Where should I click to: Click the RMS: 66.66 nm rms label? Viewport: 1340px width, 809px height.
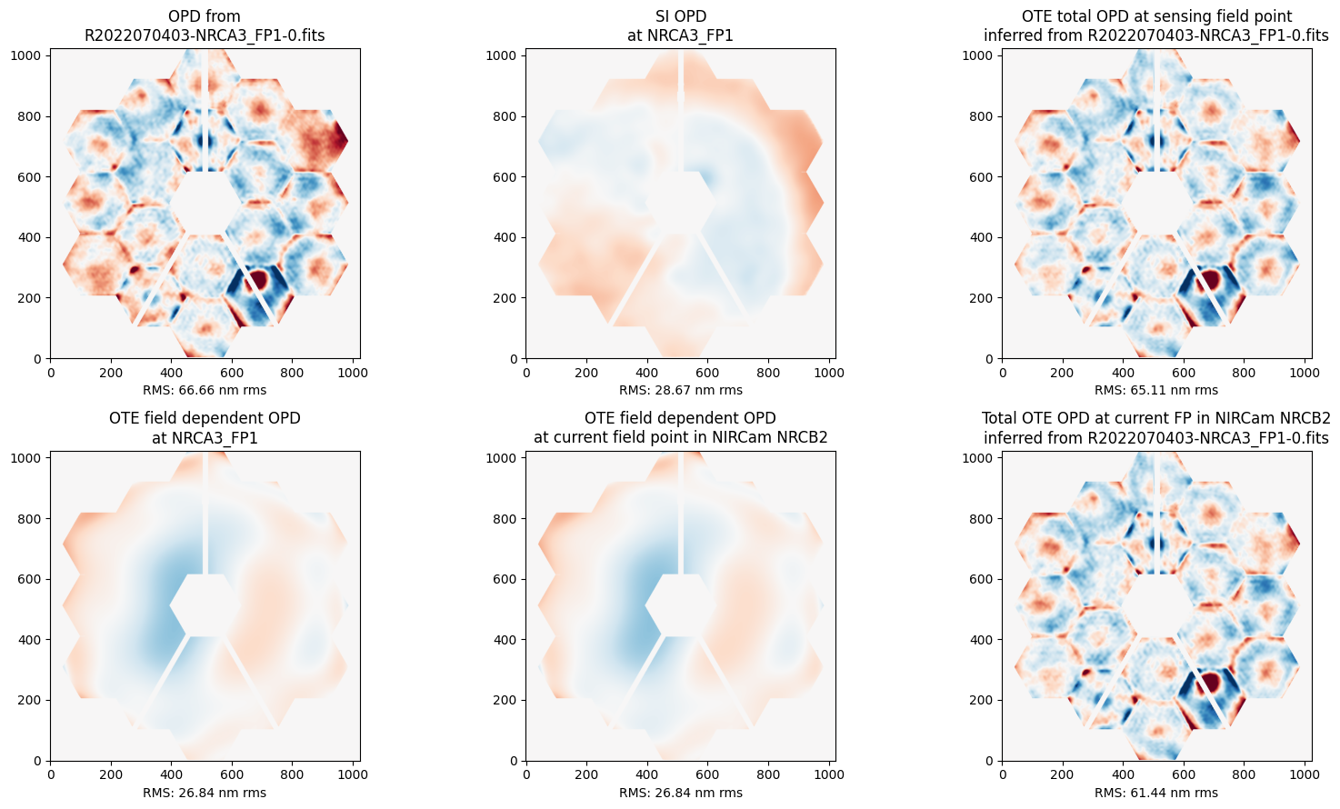205,390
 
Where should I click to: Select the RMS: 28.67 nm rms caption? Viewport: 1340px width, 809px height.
680,390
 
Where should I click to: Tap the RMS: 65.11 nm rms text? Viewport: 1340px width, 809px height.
1156,390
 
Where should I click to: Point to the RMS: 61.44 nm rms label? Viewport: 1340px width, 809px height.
1156,793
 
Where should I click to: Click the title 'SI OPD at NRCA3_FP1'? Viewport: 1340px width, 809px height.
680,25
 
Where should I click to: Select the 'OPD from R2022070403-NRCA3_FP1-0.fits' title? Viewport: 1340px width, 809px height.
205,25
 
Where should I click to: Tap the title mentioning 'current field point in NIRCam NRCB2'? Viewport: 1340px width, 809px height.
680,428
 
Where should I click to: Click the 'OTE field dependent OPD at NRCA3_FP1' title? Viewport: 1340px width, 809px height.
205,428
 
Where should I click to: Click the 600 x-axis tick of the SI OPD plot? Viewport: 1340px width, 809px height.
708,372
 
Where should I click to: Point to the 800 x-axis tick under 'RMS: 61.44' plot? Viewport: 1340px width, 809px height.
1245,774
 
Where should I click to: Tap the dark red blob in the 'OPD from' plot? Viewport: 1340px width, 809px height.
258,277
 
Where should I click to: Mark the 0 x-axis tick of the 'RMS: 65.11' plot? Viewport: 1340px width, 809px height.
1003,372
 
